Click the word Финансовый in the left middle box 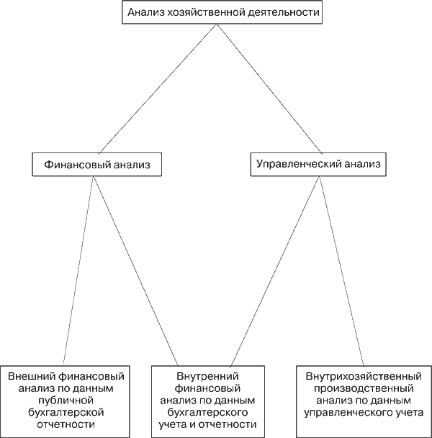(75, 165)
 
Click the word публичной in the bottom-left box (66, 400)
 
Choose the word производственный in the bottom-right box (364, 388)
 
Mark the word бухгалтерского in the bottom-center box (208, 412)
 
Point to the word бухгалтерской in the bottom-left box (66, 412)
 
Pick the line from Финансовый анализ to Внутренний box (136, 270)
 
